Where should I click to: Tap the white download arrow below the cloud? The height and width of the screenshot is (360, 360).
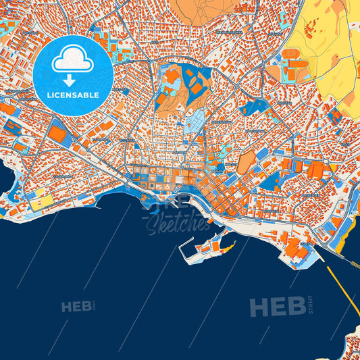pyautogui.click(x=73, y=78)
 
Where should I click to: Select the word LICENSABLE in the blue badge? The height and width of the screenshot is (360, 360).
pyautogui.click(x=73, y=95)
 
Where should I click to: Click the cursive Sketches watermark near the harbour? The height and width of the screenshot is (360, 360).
pyautogui.click(x=177, y=220)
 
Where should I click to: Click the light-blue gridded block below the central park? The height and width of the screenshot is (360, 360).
pyautogui.click(x=195, y=122)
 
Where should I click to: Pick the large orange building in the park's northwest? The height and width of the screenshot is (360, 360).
pyautogui.click(x=170, y=76)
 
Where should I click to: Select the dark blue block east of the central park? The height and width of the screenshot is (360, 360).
pyautogui.click(x=254, y=107)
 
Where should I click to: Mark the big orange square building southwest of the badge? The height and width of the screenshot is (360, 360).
pyautogui.click(x=57, y=134)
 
